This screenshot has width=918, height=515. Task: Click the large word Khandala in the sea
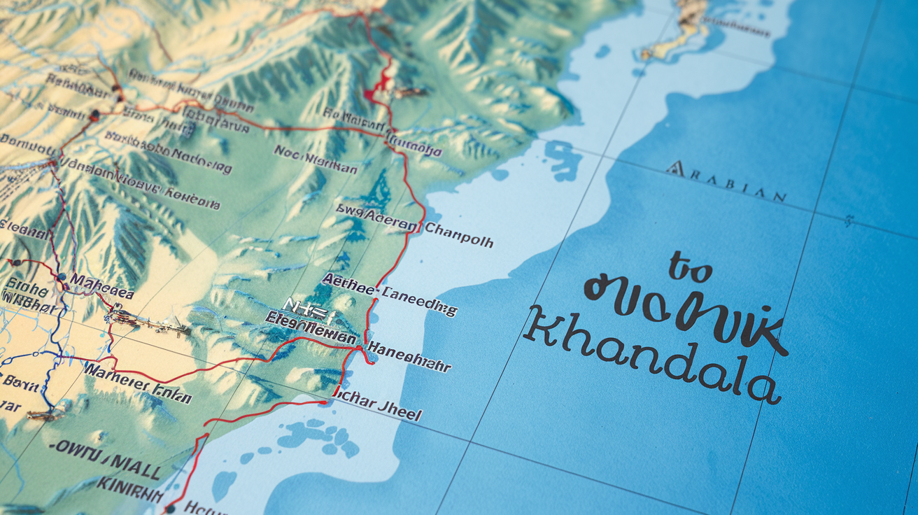pyautogui.click(x=651, y=356)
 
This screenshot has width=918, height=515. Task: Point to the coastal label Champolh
pyautogui.click(x=458, y=237)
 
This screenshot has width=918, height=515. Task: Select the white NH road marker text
pyautogui.click(x=306, y=306)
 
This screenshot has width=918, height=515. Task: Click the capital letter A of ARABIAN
pyautogui.click(x=675, y=168)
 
